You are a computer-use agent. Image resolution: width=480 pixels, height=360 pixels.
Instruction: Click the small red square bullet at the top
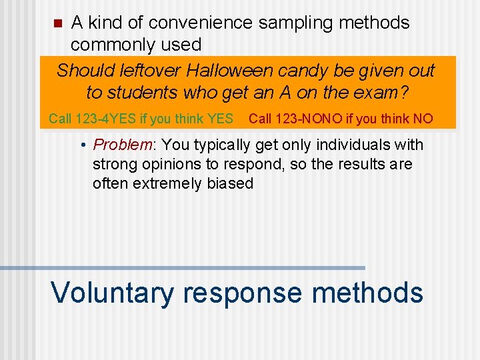[x=57, y=24]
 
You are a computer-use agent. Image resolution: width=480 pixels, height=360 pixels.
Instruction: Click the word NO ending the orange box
[x=423, y=119]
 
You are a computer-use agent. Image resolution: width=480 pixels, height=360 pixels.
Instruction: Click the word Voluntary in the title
[x=111, y=293]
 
